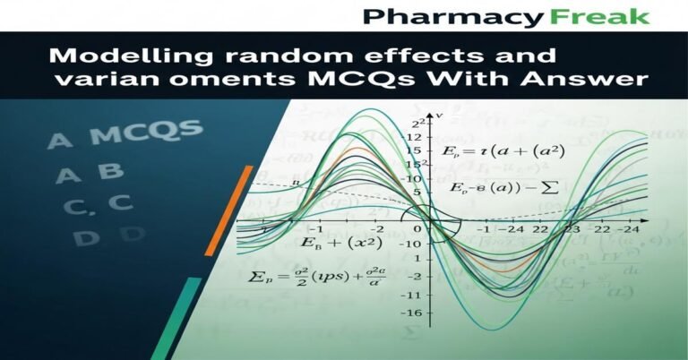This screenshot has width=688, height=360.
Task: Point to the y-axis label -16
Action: [412, 313]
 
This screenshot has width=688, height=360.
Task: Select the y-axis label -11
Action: [413, 296]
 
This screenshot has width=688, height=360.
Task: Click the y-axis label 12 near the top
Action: [415, 137]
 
